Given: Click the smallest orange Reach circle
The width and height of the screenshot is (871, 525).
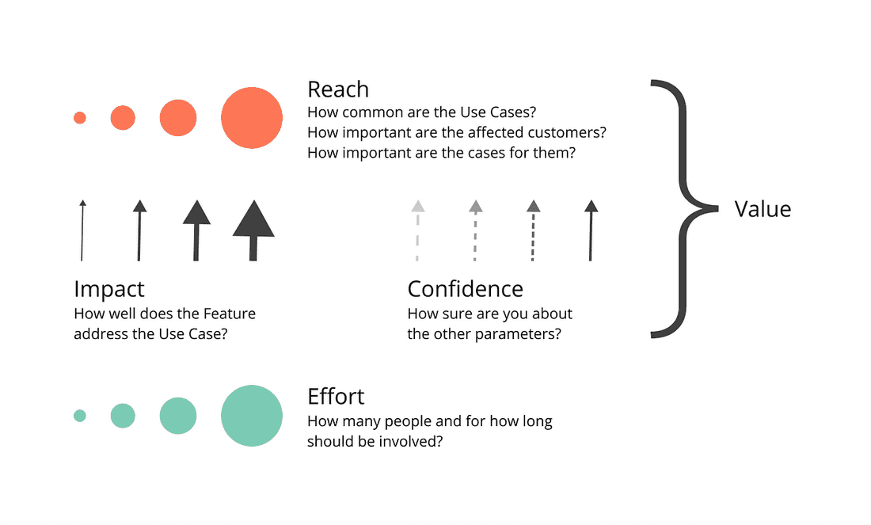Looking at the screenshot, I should (x=79, y=118).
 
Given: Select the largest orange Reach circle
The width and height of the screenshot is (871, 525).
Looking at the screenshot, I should (x=252, y=118).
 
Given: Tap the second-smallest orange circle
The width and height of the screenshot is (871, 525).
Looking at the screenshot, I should (x=123, y=118).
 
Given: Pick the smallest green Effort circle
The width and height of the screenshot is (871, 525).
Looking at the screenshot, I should (x=79, y=416).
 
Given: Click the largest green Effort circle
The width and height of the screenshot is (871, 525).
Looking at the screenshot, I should (x=252, y=416).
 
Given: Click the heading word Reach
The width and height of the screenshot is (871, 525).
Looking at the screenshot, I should (x=338, y=89).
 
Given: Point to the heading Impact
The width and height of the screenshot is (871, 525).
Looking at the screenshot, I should (x=109, y=288).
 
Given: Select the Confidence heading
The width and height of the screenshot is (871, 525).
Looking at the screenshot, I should (x=465, y=288).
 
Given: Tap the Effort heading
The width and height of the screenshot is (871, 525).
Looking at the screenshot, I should (x=336, y=396).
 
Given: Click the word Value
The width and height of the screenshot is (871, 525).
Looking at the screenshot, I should (x=763, y=209).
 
